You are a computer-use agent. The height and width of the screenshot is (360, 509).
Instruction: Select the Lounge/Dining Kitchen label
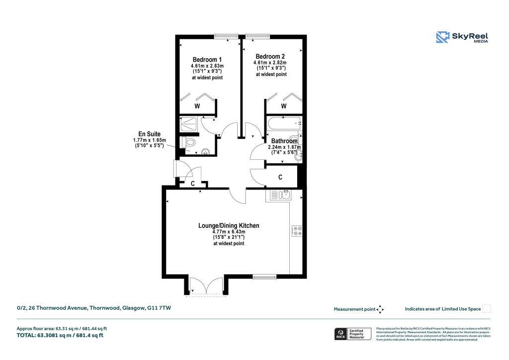tap(229, 226)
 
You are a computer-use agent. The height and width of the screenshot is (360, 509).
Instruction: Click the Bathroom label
tap(284, 141)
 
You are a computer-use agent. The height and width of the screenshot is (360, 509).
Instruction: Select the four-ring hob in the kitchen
tap(297, 231)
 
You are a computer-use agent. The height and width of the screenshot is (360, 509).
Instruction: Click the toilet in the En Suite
tap(189, 143)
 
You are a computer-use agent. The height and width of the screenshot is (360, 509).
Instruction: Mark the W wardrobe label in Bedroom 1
tap(197, 106)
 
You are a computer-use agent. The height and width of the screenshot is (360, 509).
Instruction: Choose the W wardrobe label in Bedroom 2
tap(284, 106)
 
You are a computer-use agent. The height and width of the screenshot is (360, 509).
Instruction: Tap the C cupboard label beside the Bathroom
tap(280, 177)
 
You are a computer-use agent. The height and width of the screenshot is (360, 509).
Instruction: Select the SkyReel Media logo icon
tap(442, 38)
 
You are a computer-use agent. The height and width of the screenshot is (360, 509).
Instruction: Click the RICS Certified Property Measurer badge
tap(352, 334)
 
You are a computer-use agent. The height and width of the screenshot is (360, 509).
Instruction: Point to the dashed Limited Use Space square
tap(486, 309)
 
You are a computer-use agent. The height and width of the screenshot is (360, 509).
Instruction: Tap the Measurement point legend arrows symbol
tap(380, 309)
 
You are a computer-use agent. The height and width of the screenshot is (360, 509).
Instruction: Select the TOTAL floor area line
tap(61, 335)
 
